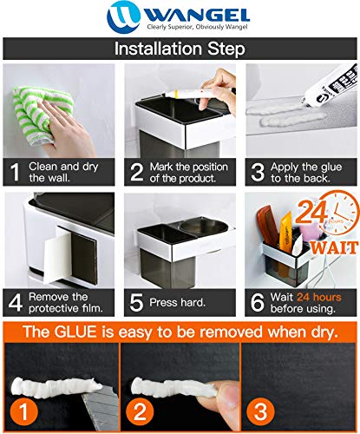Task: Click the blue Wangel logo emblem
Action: coord(123,16)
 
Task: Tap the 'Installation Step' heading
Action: coord(180,49)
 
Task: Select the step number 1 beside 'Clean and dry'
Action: coord(15,173)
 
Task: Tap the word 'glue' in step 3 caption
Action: coord(331,168)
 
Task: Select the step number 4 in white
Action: coord(16,303)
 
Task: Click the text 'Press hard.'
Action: coord(177,303)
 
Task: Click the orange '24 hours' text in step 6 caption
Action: coord(319,297)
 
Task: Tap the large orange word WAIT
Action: coord(335,248)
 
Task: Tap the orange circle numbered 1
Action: coord(23,411)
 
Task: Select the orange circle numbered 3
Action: coord(260,411)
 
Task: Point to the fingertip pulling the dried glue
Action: coord(228,393)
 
